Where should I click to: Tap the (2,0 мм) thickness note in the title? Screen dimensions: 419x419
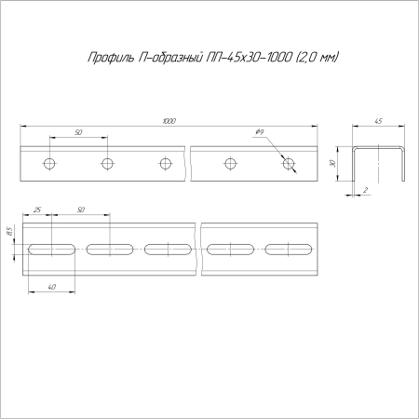(x=316, y=58)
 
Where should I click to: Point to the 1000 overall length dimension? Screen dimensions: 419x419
(x=169, y=121)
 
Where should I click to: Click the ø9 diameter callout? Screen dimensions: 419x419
(x=260, y=132)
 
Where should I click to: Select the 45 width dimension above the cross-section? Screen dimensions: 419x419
(x=378, y=121)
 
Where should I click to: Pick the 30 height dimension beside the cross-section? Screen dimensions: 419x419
(x=332, y=163)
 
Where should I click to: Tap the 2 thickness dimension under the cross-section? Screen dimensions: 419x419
(x=366, y=190)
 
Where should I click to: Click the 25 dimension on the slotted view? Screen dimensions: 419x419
(x=37, y=209)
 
